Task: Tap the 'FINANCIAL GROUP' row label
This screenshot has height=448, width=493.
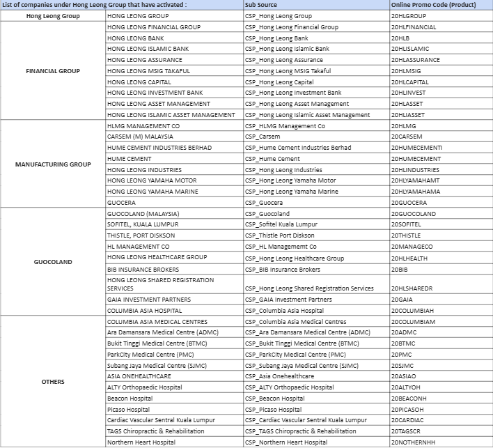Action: pos(52,71)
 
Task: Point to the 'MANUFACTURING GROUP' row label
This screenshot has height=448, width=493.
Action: pos(52,164)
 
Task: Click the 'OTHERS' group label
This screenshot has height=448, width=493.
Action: pos(52,382)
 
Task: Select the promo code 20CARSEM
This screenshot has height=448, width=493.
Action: pos(407,137)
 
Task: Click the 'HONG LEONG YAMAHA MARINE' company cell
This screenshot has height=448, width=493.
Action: pos(152,192)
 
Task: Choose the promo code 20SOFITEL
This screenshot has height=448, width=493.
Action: pos(406,224)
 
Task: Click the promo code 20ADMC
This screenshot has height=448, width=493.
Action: pos(403,332)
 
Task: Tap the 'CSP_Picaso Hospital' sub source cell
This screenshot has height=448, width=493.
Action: pos(274,410)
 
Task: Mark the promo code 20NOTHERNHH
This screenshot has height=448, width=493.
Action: pos(413,442)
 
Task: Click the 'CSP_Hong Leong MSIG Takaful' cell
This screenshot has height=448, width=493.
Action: pos(288,71)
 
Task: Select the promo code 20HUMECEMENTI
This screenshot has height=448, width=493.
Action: pos(416,148)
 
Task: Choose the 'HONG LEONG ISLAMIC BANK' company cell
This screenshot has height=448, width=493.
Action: pos(148,49)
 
